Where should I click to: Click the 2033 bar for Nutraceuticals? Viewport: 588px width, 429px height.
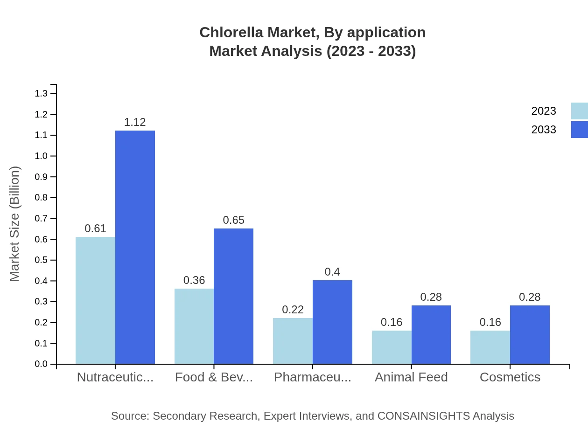pos(135,247)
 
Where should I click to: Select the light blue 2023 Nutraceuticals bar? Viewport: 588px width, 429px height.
pos(95,300)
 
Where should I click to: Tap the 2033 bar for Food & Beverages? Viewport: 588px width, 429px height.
pos(233,296)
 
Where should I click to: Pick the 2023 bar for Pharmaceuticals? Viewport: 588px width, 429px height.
pos(293,341)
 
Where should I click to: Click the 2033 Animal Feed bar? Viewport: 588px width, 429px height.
pos(431,334)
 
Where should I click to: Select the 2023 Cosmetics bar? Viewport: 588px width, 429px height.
pos(490,347)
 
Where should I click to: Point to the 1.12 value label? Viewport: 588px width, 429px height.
pos(135,122)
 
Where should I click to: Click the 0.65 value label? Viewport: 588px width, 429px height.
pos(233,220)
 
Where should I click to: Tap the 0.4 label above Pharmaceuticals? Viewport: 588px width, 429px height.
pos(332,272)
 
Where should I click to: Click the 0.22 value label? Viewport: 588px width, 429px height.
pos(293,310)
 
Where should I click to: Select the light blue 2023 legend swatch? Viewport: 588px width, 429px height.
pos(579,111)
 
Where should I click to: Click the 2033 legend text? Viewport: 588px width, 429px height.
pos(544,130)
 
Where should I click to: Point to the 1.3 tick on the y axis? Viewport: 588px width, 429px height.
pos(42,94)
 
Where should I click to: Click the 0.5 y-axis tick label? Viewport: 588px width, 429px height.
pos(42,260)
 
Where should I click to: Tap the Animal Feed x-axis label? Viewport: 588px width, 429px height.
pos(411,377)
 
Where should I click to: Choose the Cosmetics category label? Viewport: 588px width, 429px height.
pos(510,377)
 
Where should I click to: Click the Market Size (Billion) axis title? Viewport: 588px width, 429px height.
pos(15,224)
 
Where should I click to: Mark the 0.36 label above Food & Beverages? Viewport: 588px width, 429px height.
pos(194,280)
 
